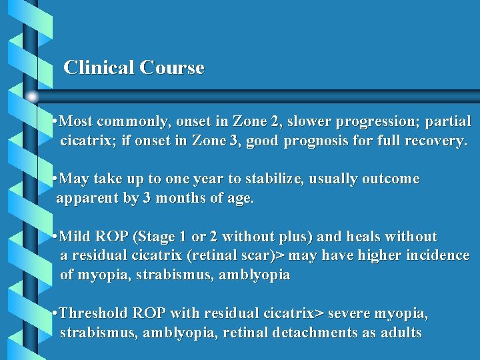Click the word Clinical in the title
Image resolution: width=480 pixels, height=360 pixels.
point(99,67)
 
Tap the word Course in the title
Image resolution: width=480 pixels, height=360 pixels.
point(172,67)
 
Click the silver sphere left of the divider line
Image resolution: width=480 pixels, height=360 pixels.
point(32,96)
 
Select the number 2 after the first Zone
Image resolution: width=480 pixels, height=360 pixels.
point(275,121)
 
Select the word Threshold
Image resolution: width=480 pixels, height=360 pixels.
point(94,313)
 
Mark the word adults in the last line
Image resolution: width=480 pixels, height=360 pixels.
point(401,332)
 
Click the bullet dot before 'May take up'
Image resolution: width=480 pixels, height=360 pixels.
point(55,179)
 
